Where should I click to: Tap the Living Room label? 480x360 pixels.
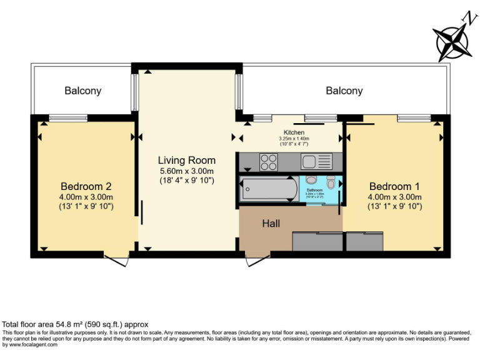pos(186,160)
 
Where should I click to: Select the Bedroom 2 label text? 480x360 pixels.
pos(86,186)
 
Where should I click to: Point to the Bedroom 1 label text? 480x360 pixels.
pos(394,186)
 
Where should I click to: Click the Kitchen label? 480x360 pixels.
pos(294,132)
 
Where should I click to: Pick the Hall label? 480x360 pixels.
pos(271,223)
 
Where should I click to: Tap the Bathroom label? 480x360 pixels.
pos(314,189)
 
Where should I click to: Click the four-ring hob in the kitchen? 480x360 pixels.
pos(269,162)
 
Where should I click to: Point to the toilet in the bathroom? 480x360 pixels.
pos(331,182)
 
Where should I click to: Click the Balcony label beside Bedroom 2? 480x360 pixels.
pos(82,91)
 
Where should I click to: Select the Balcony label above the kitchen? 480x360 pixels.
pos(344,91)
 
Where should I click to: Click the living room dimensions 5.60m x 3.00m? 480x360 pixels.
pos(186,171)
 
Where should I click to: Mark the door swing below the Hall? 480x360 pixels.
pos(257,259)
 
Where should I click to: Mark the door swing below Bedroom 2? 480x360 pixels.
pos(117,259)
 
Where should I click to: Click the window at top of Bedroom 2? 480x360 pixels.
pos(68,117)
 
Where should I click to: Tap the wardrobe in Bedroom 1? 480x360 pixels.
pos(364,242)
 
